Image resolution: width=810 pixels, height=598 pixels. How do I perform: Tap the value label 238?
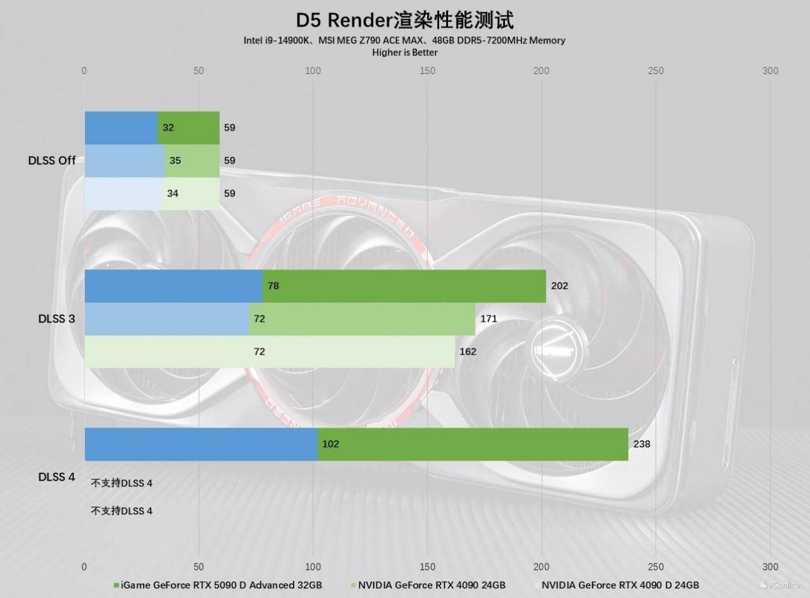641,444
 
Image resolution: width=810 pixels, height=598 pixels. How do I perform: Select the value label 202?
559,286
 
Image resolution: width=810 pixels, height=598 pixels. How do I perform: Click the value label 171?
488,318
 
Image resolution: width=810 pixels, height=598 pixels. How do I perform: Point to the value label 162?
468,352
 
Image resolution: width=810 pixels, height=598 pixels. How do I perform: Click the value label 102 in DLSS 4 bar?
331,444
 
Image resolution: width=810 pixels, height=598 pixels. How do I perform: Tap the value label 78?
273,286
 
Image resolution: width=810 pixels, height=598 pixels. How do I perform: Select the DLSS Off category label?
52,160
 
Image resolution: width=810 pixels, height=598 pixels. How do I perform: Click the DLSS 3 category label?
56,318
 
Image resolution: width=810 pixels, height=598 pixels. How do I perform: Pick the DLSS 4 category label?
56,477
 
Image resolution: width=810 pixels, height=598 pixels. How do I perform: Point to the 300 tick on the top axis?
770,71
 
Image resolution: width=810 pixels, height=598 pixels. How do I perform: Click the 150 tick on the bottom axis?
427,567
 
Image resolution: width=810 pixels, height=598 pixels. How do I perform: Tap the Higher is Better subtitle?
405,52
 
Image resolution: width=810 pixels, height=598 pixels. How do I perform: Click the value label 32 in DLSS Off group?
169,128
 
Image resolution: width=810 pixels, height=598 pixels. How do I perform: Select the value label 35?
175,161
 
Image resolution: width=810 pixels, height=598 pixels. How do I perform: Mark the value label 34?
172,193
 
